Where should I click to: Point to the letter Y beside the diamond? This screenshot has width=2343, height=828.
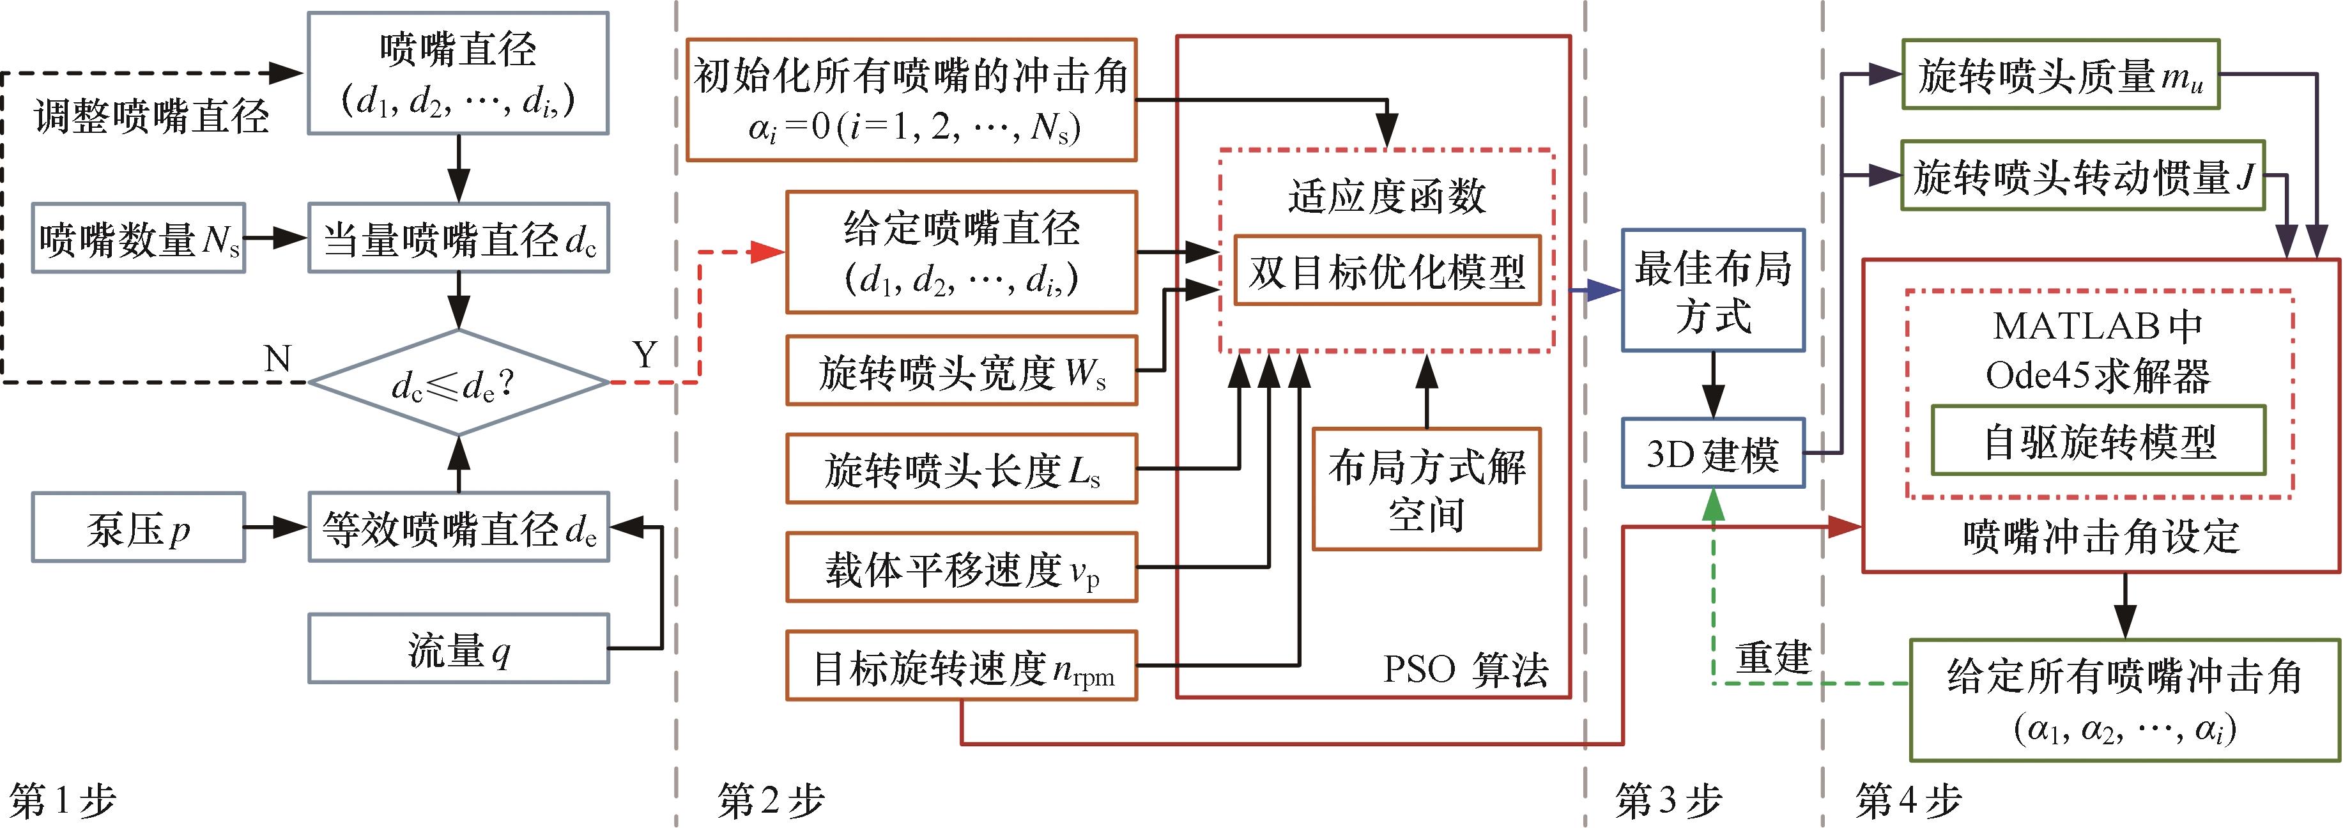pyautogui.click(x=644, y=355)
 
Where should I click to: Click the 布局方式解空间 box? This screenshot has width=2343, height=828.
pyautogui.click(x=1426, y=489)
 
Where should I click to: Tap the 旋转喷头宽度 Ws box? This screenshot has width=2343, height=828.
pyautogui.click(x=962, y=371)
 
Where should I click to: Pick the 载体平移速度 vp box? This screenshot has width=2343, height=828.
pyautogui.click(x=962, y=569)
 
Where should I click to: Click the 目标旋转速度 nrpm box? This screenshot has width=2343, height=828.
pyautogui.click(x=962, y=667)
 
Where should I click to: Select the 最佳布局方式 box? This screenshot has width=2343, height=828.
pyautogui.click(x=1712, y=290)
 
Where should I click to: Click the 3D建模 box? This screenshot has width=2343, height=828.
pyautogui.click(x=1712, y=453)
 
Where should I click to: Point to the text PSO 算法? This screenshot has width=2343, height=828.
pyautogui.click(x=1464, y=670)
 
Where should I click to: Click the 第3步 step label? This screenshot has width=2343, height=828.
pyautogui.click(x=1669, y=801)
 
